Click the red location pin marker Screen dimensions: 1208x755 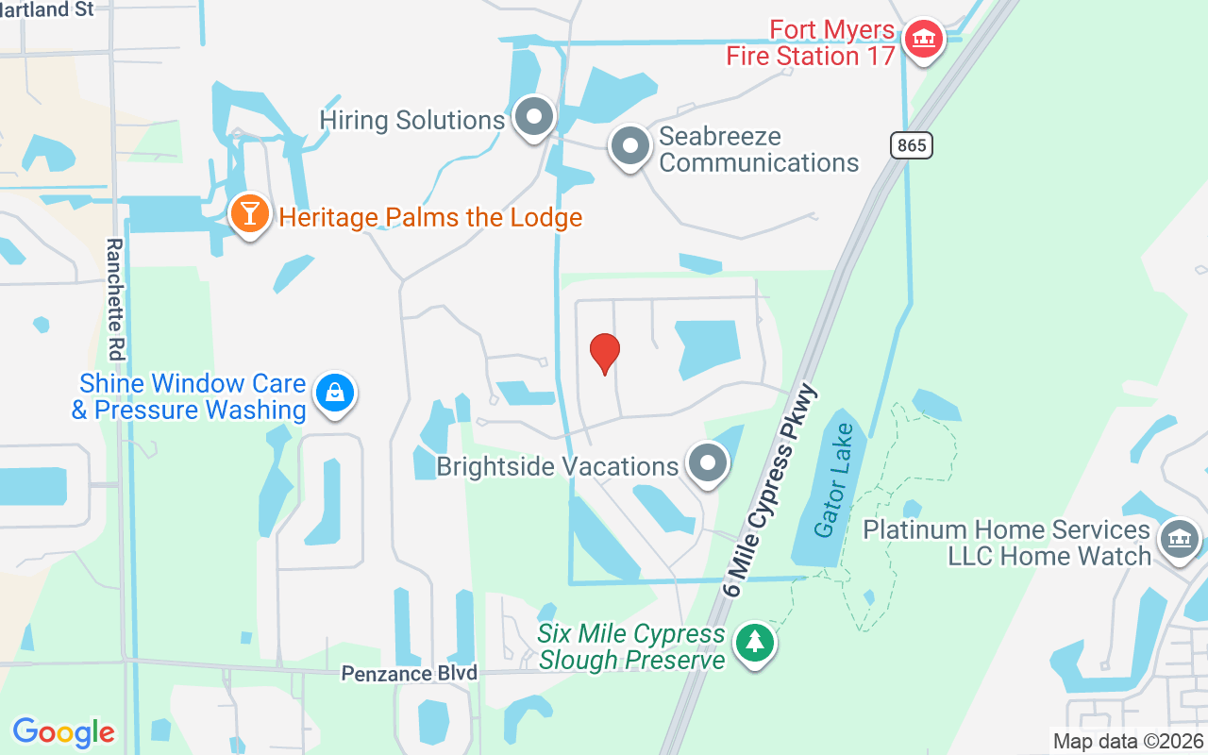pyautogui.click(x=605, y=354)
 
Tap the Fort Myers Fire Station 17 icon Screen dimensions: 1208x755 pyautogui.click(x=923, y=39)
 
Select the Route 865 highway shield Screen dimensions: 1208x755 pyautogui.click(x=911, y=144)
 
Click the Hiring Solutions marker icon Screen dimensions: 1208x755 pyautogui.click(x=534, y=118)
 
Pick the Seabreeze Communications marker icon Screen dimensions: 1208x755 pyautogui.click(x=629, y=146)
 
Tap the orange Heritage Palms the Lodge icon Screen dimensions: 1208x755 pyautogui.click(x=249, y=213)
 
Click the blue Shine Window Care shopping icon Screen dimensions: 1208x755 pyautogui.click(x=334, y=392)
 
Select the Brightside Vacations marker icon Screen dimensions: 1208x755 pyautogui.click(x=707, y=463)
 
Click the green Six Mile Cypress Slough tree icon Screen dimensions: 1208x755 pyautogui.click(x=754, y=644)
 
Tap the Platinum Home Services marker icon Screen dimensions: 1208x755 pyautogui.click(x=1179, y=540)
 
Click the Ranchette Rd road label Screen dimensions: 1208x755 pyautogui.click(x=115, y=299)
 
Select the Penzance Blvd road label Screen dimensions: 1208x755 pyautogui.click(x=410, y=673)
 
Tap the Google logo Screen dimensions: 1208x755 pyautogui.click(x=63, y=732)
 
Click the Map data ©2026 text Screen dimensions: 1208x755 pyautogui.click(x=1129, y=741)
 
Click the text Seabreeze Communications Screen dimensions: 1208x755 pyautogui.click(x=759, y=149)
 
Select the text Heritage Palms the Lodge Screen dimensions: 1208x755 pyautogui.click(x=429, y=218)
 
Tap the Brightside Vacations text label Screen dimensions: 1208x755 pyautogui.click(x=557, y=466)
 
